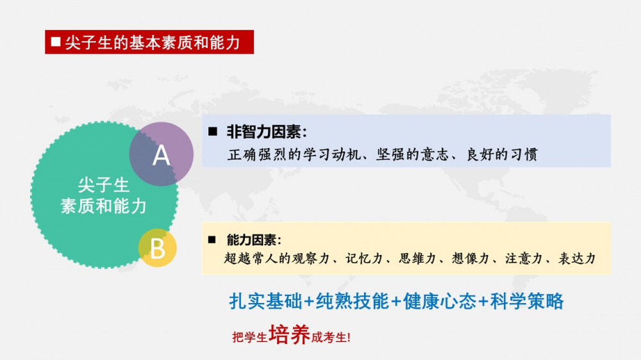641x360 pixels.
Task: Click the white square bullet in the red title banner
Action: pos(56,42)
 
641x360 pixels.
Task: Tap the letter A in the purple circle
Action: pos(161,156)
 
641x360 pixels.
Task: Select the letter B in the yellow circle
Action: pos(158,249)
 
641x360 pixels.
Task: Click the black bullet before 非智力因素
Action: pos(213,131)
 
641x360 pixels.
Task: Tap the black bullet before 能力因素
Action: pos(212,240)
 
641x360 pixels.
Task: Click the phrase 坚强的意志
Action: pos(412,154)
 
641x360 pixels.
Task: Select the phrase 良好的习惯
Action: pos(503,154)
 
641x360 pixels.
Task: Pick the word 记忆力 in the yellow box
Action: pos(364,258)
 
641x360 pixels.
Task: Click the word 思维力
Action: pos(417,258)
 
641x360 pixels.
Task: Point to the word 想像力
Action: pos(470,258)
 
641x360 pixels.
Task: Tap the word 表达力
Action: pos(577,258)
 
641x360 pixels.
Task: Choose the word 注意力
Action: pos(524,258)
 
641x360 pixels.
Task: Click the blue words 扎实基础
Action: pos(266,301)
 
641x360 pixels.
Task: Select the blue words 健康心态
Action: pos(440,301)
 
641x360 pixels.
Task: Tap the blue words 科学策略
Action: pos(527,301)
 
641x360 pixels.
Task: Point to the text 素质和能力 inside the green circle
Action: pos(103,206)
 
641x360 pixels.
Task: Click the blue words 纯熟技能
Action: pos(353,301)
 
